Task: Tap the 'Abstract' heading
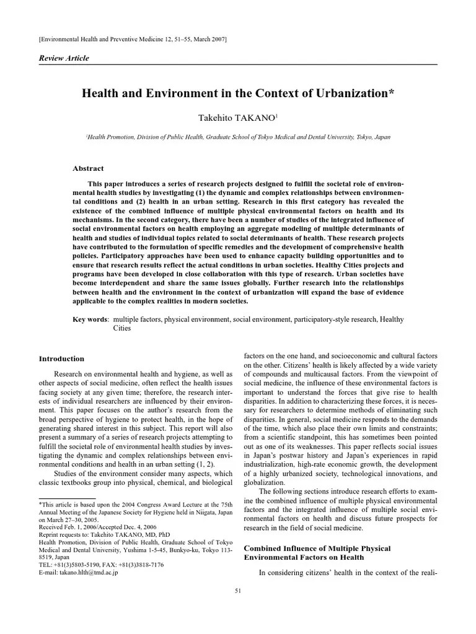(x=89, y=168)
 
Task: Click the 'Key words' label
(x=90, y=319)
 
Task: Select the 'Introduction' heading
(x=61, y=358)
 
